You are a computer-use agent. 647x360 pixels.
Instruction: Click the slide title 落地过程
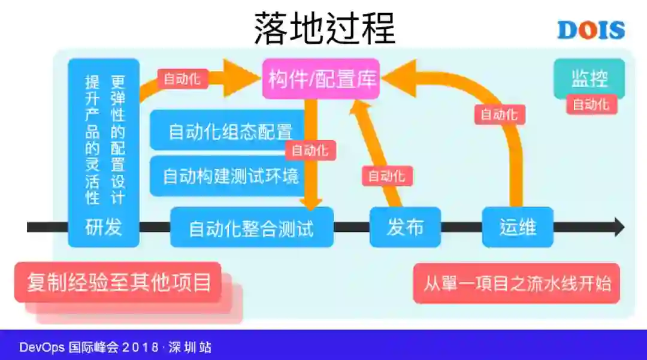(x=324, y=28)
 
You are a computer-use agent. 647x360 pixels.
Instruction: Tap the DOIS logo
(x=591, y=30)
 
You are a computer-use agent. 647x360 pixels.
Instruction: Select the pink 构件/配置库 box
(x=321, y=78)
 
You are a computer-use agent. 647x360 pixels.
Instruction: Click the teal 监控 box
(x=589, y=78)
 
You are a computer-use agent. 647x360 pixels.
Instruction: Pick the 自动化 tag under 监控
(x=591, y=104)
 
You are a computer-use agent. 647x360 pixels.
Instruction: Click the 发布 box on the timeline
(x=405, y=227)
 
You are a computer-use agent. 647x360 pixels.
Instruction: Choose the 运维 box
(x=518, y=227)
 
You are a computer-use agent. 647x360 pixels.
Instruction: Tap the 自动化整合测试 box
(x=252, y=228)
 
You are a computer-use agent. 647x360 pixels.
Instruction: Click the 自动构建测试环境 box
(x=231, y=176)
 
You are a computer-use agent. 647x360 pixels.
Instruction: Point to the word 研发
(x=104, y=228)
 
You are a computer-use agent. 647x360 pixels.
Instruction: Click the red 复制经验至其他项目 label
(x=119, y=282)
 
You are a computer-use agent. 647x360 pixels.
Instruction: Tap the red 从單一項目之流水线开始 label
(x=517, y=283)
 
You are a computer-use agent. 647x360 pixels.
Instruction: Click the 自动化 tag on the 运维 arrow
(x=500, y=114)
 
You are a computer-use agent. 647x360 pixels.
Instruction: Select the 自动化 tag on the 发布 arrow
(x=386, y=176)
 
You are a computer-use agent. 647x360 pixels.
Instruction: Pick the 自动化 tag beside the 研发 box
(x=183, y=78)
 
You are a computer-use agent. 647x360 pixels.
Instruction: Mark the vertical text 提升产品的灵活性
(x=92, y=140)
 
